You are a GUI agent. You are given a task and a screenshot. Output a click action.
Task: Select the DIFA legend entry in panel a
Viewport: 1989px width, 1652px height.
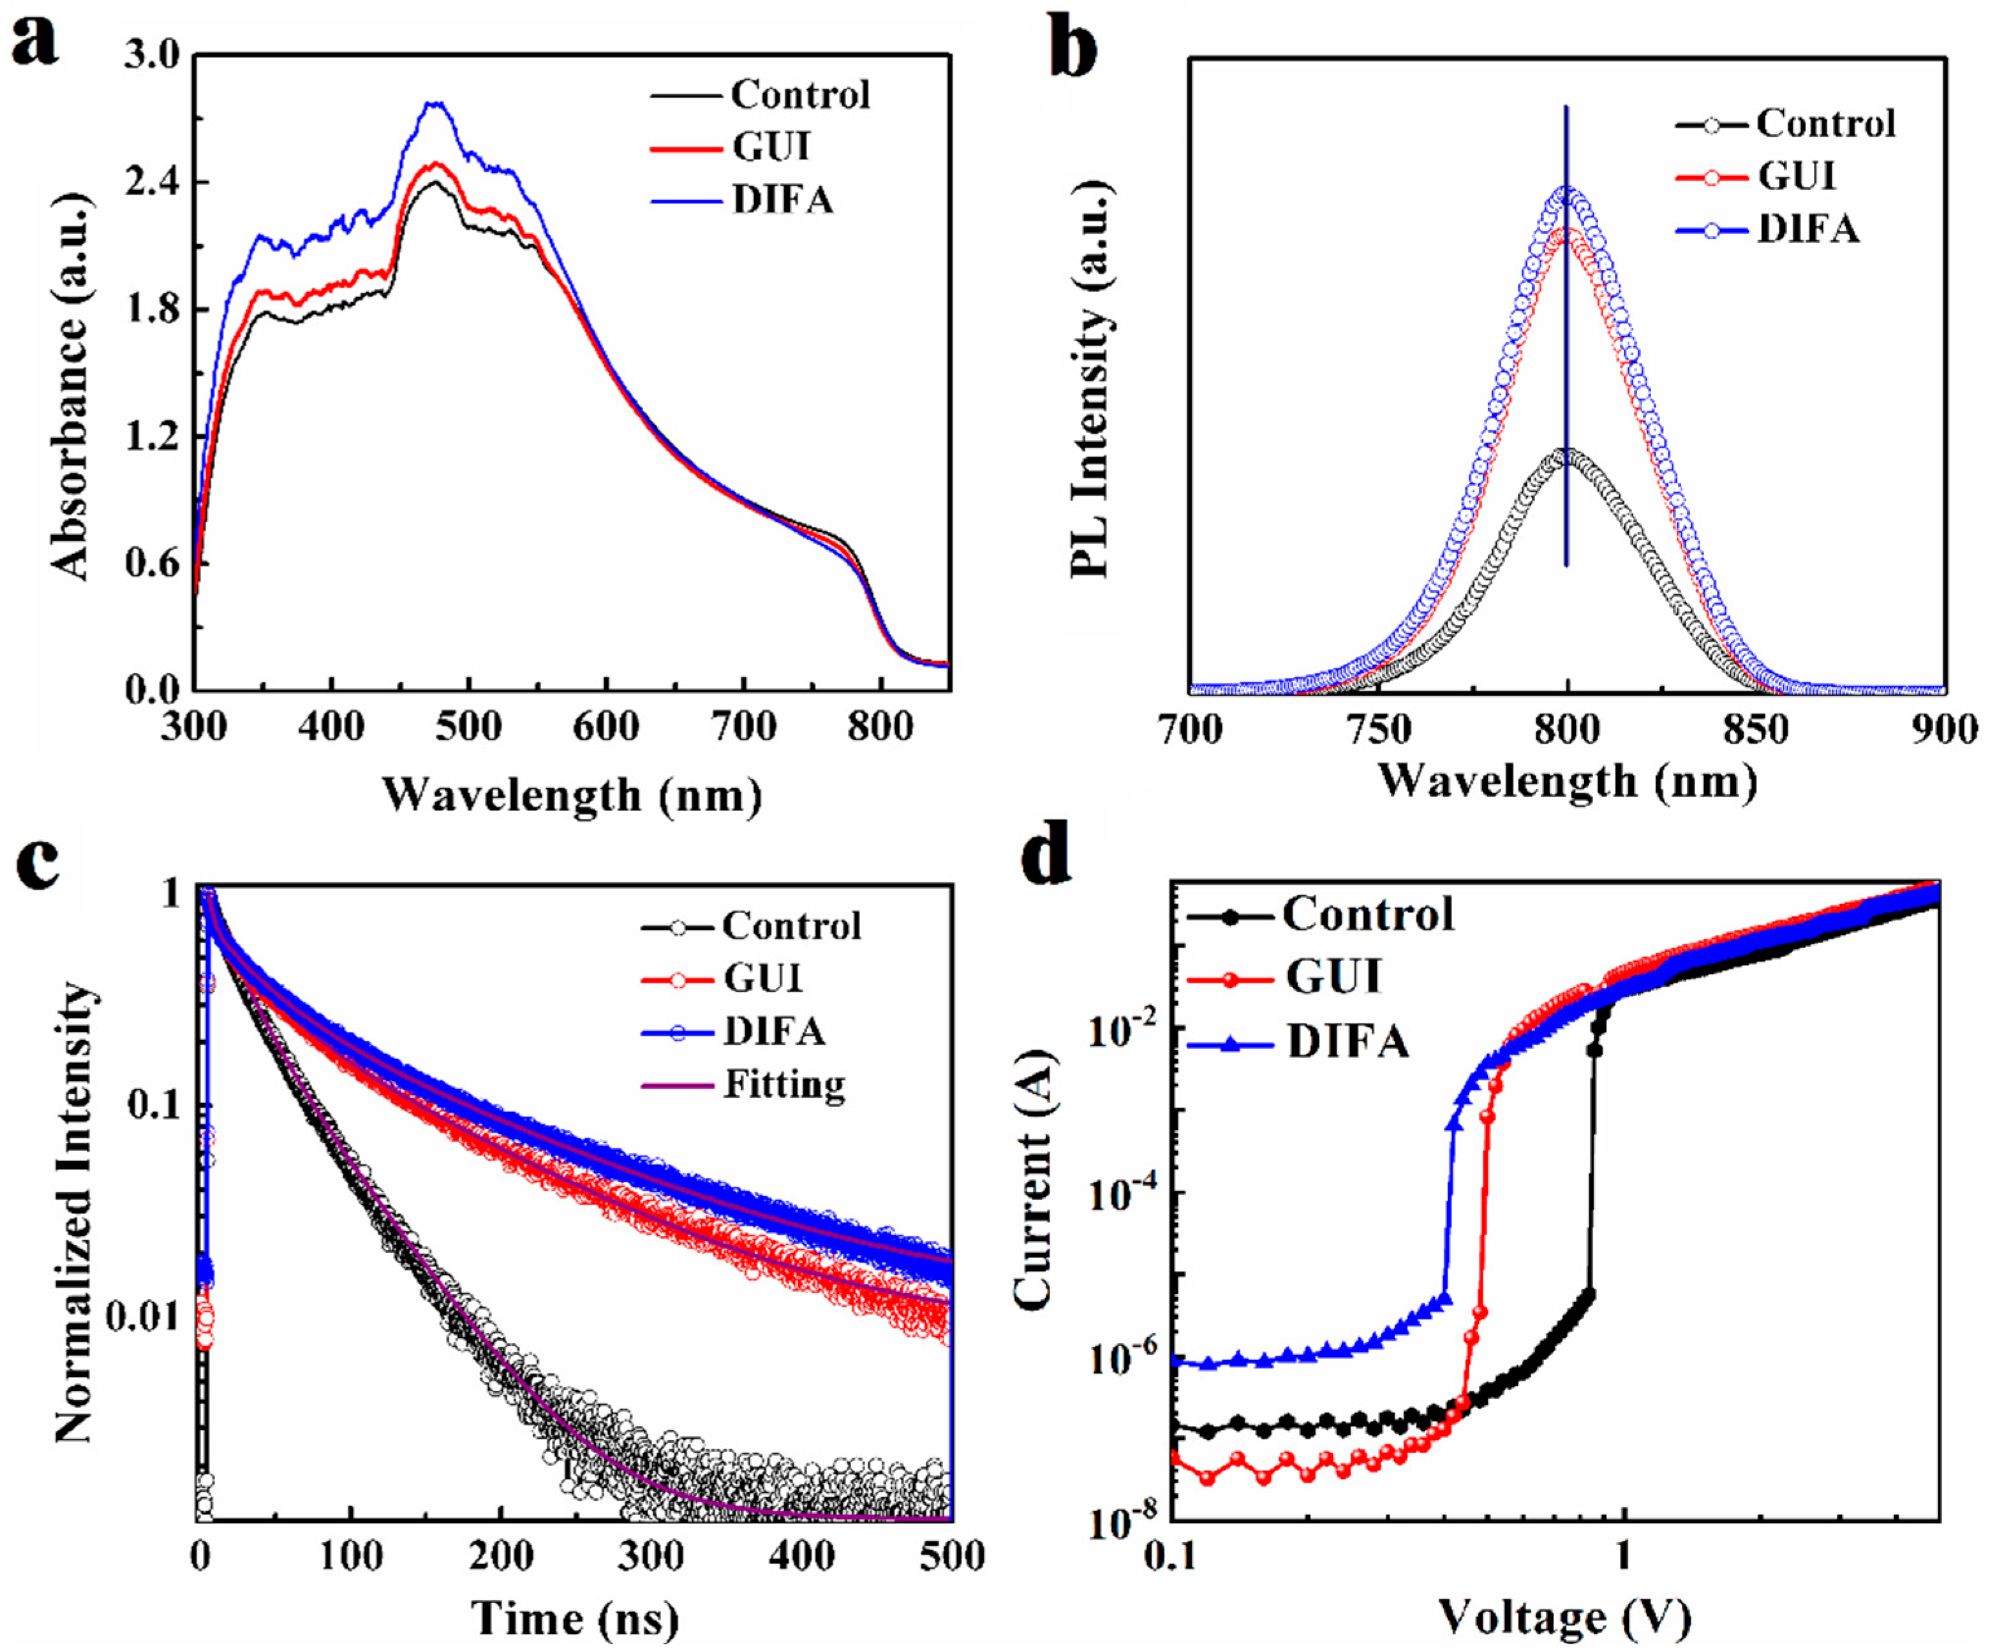coord(783,200)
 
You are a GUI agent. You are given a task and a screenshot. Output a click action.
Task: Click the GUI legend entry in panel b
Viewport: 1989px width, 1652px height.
coord(1796,176)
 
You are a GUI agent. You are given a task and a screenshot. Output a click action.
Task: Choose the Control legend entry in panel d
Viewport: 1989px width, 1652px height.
coord(1367,914)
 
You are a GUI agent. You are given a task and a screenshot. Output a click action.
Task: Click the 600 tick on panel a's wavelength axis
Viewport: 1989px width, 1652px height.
coord(605,727)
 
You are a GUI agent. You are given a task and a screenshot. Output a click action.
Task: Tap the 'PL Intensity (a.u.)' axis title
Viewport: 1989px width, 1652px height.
coord(1089,378)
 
